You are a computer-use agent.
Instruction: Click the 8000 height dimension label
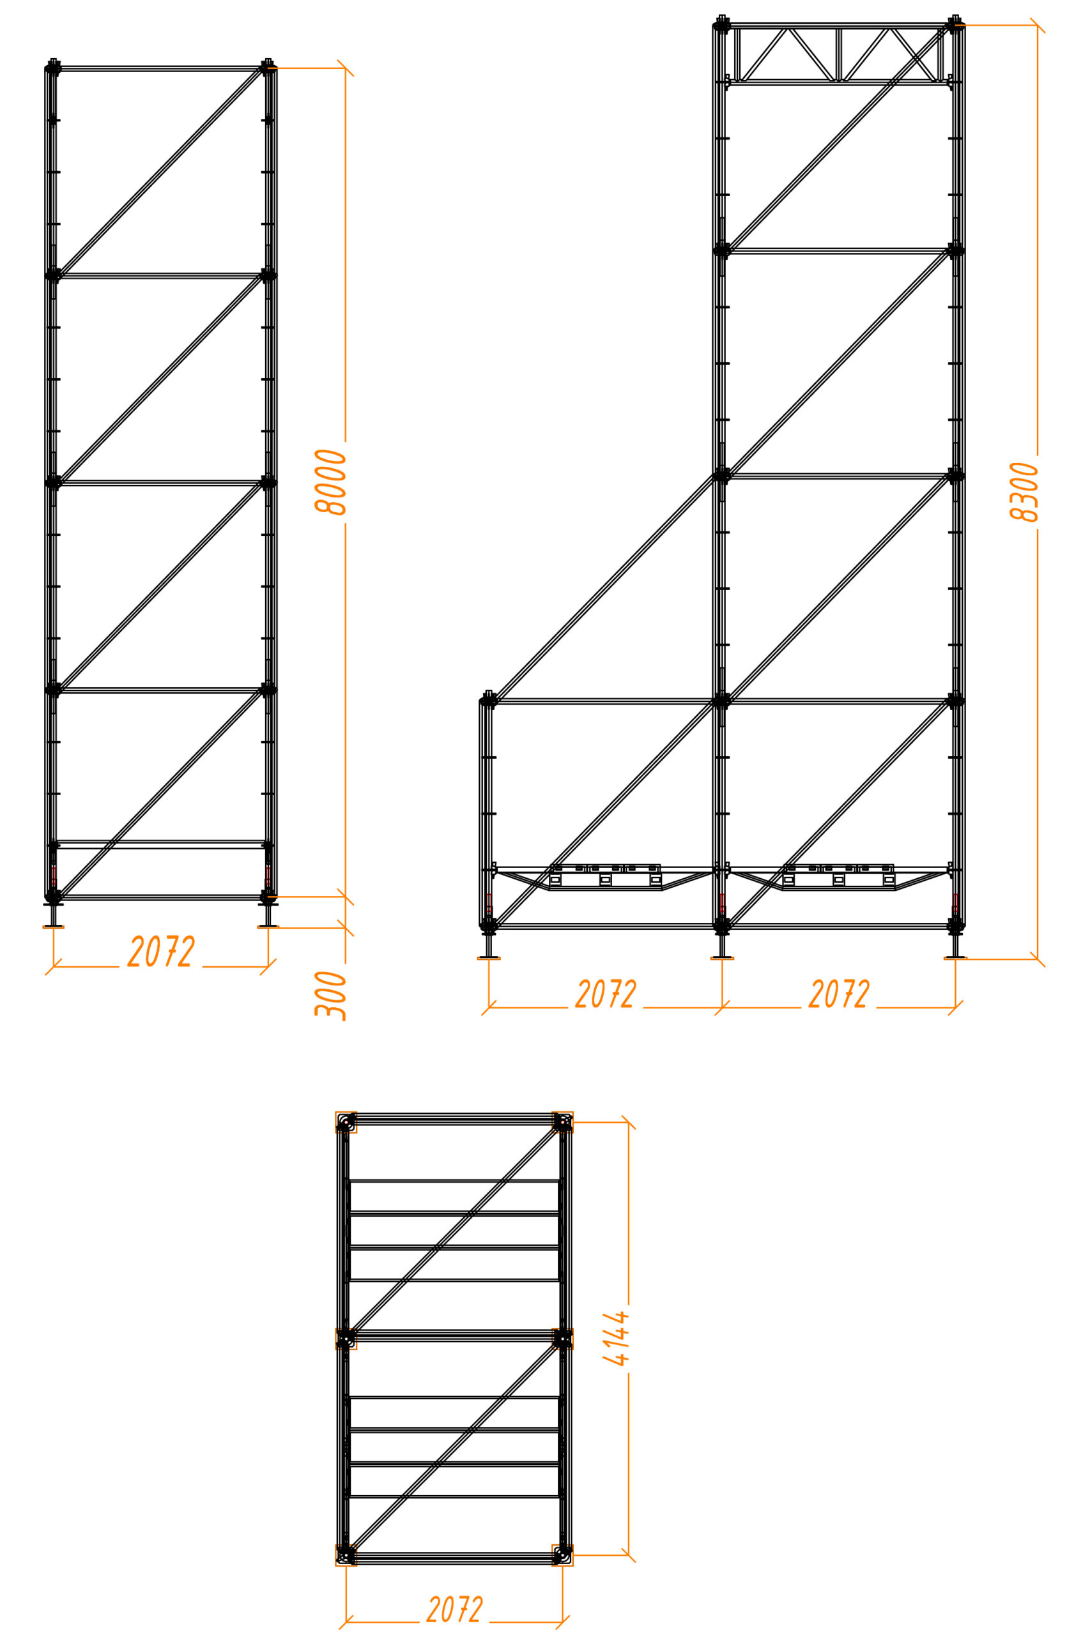pyautogui.click(x=330, y=482)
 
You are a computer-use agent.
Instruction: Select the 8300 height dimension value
pyautogui.click(x=1024, y=492)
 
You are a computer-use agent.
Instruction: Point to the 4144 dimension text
pyautogui.click(x=615, y=1338)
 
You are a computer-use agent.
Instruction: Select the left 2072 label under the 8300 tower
pyautogui.click(x=606, y=994)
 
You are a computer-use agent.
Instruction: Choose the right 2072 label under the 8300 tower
pyautogui.click(x=839, y=994)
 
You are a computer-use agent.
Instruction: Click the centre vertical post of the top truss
pyautogui.click(x=839, y=54)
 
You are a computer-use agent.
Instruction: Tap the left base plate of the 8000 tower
pyautogui.click(x=54, y=925)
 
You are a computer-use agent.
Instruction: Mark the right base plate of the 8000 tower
pyautogui.click(x=268, y=925)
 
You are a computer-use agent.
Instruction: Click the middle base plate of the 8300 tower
pyautogui.click(x=722, y=958)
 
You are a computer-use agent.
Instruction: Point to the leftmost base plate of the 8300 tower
pyautogui.click(x=489, y=958)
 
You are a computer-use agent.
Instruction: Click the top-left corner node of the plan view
pyautogui.click(x=346, y=1122)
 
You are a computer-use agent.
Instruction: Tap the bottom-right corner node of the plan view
pyautogui.click(x=562, y=1555)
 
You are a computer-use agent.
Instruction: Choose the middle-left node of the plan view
pyautogui.click(x=346, y=1338)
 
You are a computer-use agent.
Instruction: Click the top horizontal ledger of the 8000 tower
pyautogui.click(x=161, y=69)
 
